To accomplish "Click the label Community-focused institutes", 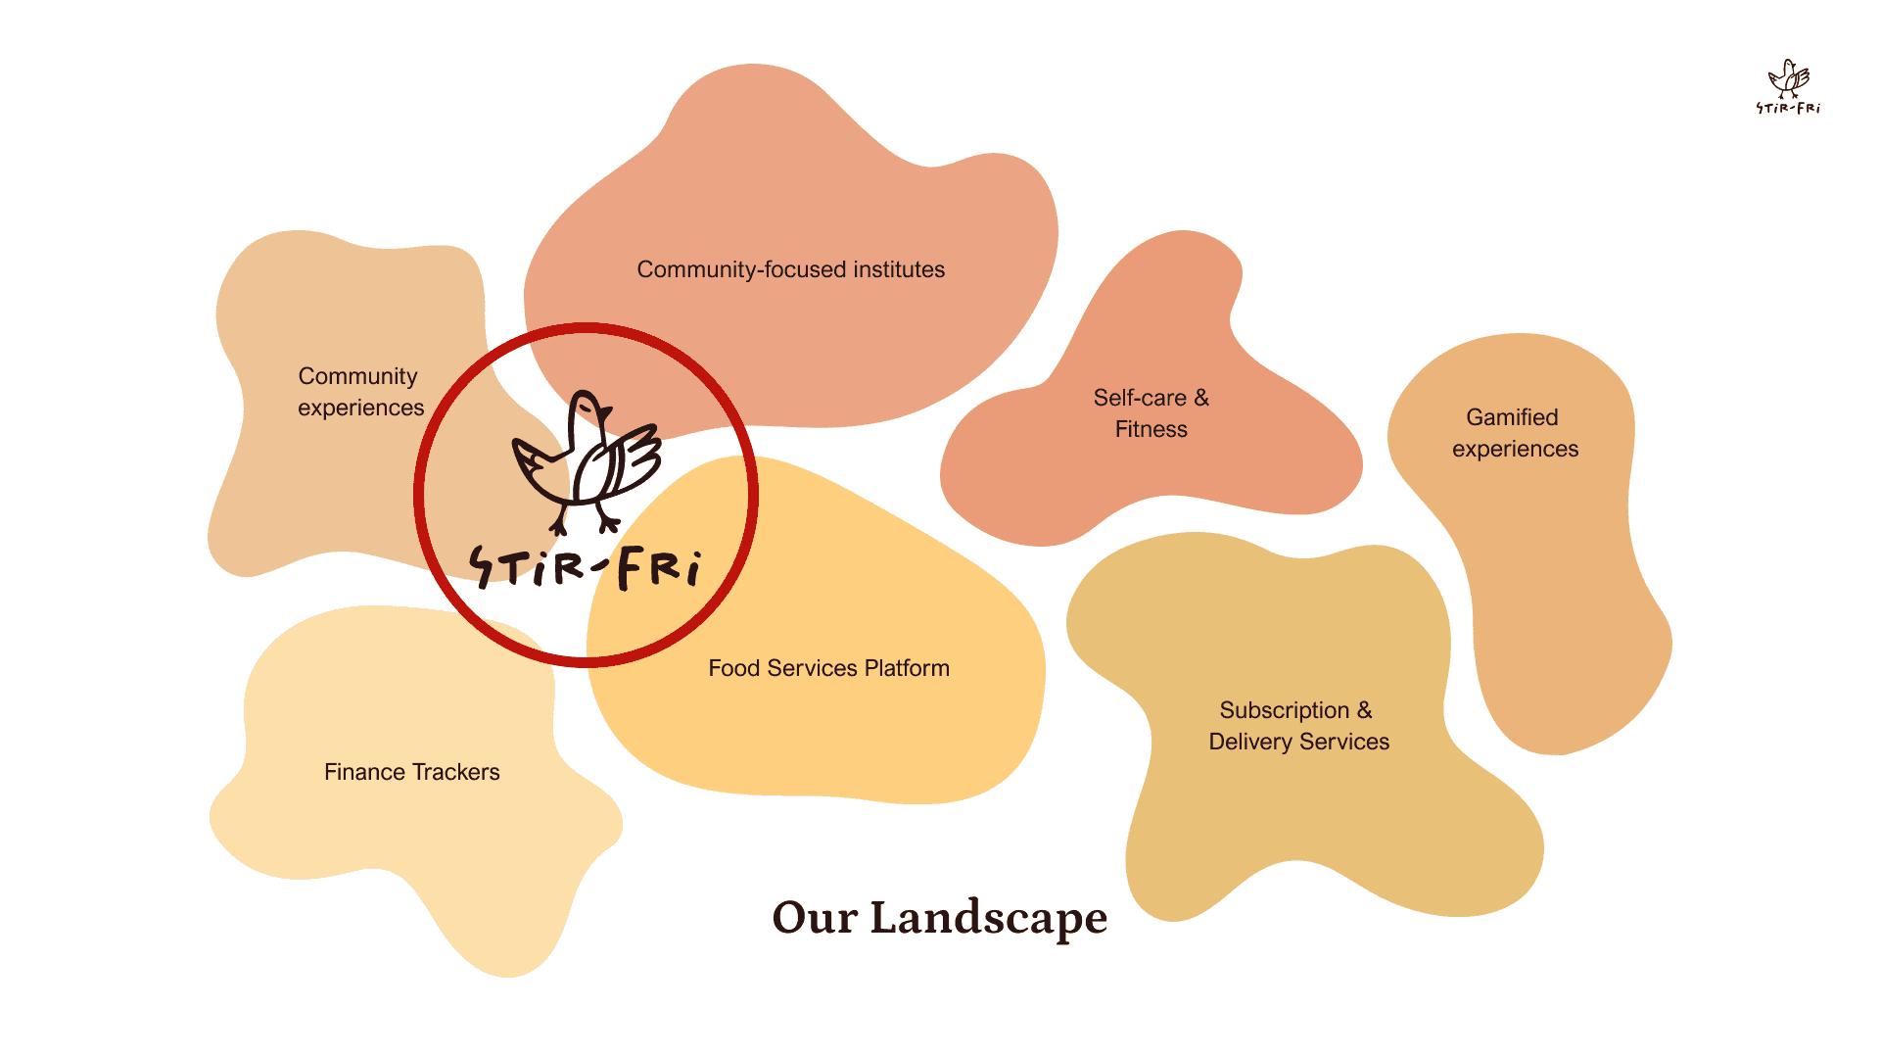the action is (790, 269).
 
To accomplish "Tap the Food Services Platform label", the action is (828, 668).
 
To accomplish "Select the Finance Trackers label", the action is (411, 772).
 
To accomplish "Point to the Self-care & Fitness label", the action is (1151, 413).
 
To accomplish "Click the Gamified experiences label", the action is (1515, 433).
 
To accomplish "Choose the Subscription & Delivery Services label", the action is (1298, 726).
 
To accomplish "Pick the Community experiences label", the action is (360, 392).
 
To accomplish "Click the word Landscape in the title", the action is (988, 919).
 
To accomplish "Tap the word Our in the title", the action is (815, 919).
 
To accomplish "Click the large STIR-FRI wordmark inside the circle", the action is (586, 567).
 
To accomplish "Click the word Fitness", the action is (1151, 429).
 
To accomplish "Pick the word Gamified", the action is (1512, 417).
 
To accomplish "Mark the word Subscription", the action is (1284, 710).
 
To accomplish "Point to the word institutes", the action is (898, 269).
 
